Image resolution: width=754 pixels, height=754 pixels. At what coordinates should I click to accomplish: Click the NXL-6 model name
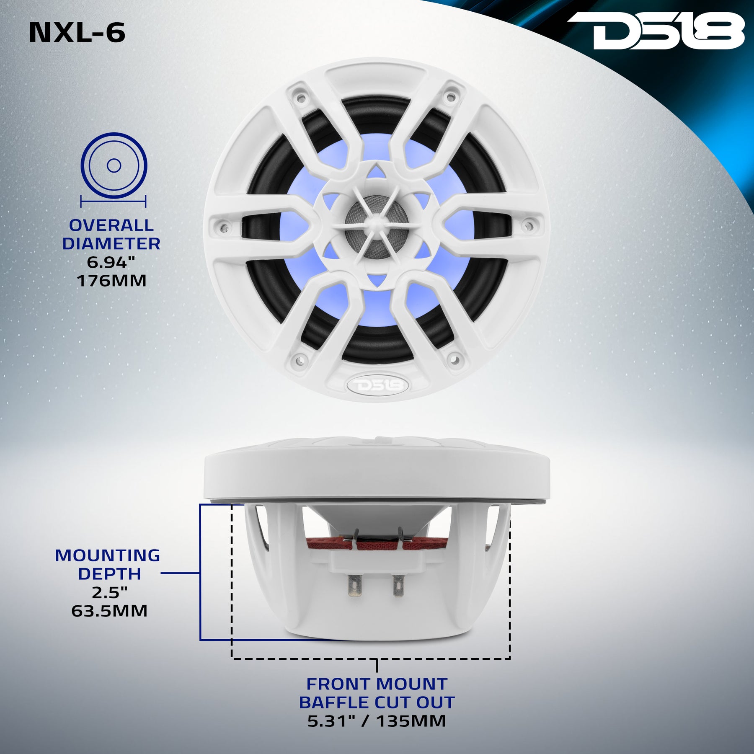77,33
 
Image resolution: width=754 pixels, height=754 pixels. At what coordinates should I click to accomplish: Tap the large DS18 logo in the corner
655,30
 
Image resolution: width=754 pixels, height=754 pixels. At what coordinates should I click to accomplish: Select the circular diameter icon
114,165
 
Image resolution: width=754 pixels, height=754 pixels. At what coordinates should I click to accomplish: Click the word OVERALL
111,225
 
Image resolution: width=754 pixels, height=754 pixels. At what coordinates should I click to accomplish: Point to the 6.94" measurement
111,262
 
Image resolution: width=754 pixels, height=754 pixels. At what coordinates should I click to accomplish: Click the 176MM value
111,281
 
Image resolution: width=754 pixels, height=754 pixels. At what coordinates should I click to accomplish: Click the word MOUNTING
108,555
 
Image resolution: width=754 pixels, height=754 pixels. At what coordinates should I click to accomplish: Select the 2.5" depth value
109,592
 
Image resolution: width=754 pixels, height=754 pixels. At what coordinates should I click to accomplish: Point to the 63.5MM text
109,611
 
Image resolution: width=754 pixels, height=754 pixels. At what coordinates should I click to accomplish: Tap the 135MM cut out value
411,721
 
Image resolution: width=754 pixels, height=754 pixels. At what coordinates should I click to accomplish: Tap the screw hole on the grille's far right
529,227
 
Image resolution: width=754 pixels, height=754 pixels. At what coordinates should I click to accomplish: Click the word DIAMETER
111,244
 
